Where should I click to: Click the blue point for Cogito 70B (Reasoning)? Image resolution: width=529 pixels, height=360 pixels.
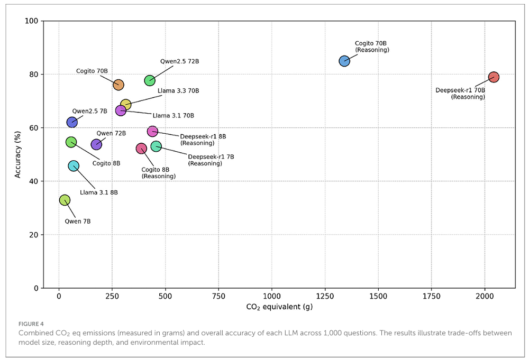click(344, 61)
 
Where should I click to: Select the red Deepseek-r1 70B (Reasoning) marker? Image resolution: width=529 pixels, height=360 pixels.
click(494, 77)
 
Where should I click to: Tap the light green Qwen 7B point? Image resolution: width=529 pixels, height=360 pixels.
click(65, 200)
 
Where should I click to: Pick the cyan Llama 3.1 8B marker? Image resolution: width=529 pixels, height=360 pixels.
click(74, 166)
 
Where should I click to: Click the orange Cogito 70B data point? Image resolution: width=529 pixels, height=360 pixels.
click(118, 85)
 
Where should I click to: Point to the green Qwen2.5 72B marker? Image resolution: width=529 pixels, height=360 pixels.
click(150, 80)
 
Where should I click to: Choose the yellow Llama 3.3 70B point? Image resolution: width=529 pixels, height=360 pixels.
click(125, 105)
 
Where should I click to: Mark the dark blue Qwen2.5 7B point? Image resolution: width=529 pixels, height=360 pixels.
click(72, 122)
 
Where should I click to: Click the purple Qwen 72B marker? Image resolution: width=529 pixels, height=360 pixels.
click(96, 144)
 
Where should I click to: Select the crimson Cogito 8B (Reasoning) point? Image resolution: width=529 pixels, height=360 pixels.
click(141, 149)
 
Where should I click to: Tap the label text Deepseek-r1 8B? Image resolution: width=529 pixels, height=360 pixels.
click(203, 136)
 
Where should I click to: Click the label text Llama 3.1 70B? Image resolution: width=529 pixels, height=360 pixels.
click(173, 116)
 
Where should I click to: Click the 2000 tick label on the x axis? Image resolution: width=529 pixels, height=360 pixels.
click(484, 295)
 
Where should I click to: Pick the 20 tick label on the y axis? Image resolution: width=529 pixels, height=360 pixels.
click(33, 235)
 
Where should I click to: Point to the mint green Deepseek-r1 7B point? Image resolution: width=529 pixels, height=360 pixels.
click(156, 146)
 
